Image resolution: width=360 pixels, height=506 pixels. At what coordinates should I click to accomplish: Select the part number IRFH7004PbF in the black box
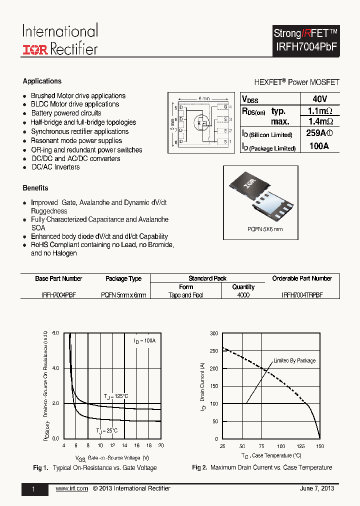[x=306, y=46]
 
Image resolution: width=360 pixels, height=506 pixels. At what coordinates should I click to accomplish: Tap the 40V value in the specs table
[x=319, y=99]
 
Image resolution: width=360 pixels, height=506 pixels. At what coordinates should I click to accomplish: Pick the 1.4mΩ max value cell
[x=319, y=121]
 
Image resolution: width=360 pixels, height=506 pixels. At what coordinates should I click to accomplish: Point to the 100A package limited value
[x=319, y=146]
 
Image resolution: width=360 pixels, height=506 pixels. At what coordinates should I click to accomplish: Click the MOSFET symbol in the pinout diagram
[x=201, y=121]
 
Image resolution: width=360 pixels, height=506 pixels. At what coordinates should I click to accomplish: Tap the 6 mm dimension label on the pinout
[x=203, y=98]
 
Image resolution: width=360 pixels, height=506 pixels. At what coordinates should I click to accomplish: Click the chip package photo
[x=265, y=195]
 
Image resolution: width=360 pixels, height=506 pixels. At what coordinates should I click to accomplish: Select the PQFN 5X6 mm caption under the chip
[x=265, y=229]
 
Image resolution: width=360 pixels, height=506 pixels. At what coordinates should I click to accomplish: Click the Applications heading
[x=42, y=81]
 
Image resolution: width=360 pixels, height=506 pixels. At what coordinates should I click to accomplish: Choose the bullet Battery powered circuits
[x=66, y=113]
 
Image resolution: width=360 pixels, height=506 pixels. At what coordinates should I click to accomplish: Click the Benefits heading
[x=35, y=188]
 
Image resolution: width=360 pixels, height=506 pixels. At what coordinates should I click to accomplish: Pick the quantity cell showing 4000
[x=243, y=295]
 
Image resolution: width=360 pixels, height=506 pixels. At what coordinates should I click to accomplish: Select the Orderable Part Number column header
[x=301, y=278]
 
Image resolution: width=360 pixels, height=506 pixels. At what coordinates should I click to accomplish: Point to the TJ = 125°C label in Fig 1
[x=116, y=396]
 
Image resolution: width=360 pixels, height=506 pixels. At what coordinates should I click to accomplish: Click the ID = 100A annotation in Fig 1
[x=144, y=340]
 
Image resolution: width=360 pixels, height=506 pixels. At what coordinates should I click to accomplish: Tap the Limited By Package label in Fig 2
[x=294, y=360]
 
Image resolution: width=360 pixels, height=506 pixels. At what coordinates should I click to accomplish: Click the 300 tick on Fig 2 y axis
[x=213, y=333]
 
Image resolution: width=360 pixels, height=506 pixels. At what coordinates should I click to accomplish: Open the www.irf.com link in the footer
[x=71, y=488]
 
